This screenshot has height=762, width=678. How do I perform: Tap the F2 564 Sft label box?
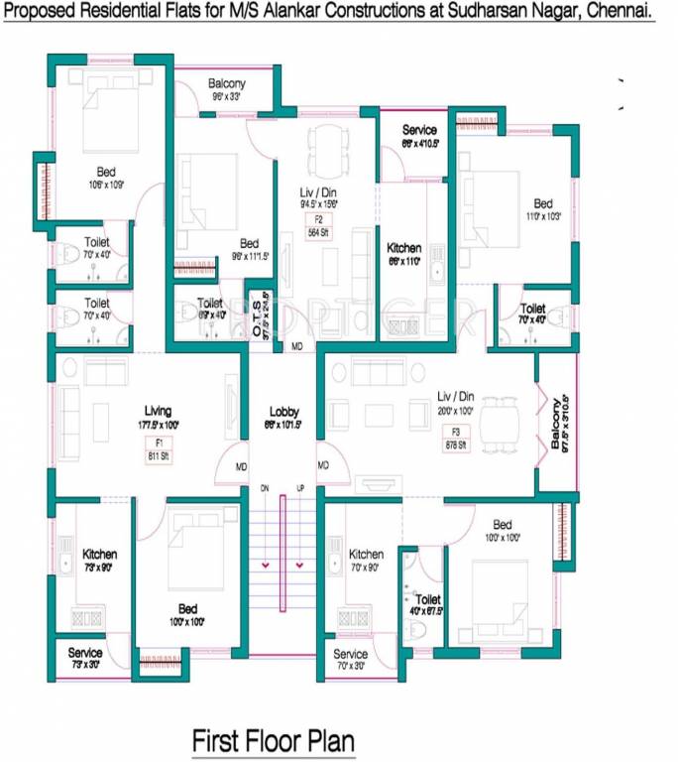click(x=319, y=226)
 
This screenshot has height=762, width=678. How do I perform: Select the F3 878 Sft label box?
click(x=456, y=439)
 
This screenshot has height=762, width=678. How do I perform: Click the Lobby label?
click(x=283, y=412)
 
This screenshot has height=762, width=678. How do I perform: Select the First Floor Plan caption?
click(x=273, y=740)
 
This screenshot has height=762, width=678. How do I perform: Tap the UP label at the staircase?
click(x=299, y=488)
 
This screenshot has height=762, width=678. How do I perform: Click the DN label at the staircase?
click(x=265, y=488)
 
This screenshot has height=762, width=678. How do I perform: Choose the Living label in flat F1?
click(x=158, y=410)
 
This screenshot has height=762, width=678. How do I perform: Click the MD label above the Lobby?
click(x=296, y=346)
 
